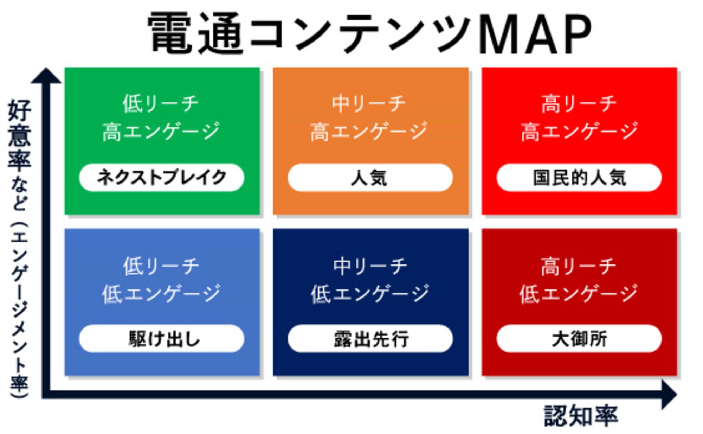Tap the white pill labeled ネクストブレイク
(161, 177)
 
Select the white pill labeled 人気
(370, 177)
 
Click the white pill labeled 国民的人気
(579, 177)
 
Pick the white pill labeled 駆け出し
(161, 338)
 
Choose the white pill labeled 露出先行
(370, 338)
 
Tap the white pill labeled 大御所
(579, 338)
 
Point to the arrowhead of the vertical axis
(46, 76)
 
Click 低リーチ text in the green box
(161, 104)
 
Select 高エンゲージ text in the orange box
(369, 131)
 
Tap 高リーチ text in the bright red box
(579, 104)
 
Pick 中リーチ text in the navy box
(370, 266)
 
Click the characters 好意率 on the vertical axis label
(20, 135)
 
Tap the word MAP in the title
(534, 34)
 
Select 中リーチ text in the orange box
(369, 104)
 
